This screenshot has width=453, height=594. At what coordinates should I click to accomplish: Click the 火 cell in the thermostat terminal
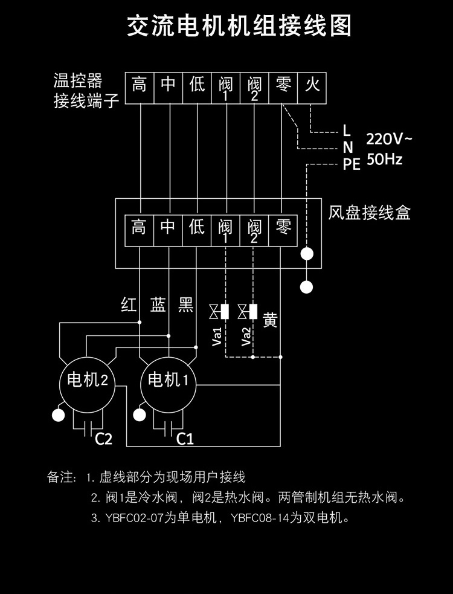312,88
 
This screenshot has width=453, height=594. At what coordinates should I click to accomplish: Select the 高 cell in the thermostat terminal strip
140,88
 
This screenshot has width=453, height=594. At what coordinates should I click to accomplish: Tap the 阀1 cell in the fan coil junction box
225,230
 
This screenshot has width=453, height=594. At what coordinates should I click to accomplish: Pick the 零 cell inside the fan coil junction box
283,230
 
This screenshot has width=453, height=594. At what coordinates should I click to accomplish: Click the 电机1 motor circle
169,385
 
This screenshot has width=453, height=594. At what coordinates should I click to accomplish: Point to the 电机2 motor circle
88,385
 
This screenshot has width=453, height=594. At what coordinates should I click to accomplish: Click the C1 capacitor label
185,439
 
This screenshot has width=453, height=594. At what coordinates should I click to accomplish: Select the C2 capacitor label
103,439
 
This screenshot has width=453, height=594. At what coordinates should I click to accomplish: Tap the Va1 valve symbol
219,312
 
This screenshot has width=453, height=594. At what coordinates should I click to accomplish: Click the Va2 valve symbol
248,312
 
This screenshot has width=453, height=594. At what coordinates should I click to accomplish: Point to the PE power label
352,165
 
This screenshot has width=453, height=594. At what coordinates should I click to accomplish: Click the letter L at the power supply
347,131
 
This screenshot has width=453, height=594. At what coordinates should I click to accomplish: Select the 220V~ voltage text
388,140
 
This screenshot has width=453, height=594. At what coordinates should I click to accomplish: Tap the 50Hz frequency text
384,160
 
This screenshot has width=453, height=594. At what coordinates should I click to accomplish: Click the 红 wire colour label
129,304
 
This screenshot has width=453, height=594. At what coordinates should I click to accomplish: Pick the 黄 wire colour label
270,320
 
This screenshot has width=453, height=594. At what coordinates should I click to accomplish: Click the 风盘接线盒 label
369,213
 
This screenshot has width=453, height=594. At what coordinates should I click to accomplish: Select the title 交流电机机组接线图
239,26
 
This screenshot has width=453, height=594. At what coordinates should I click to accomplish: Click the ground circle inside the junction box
307,254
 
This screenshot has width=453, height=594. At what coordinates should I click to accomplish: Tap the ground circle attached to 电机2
58,415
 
